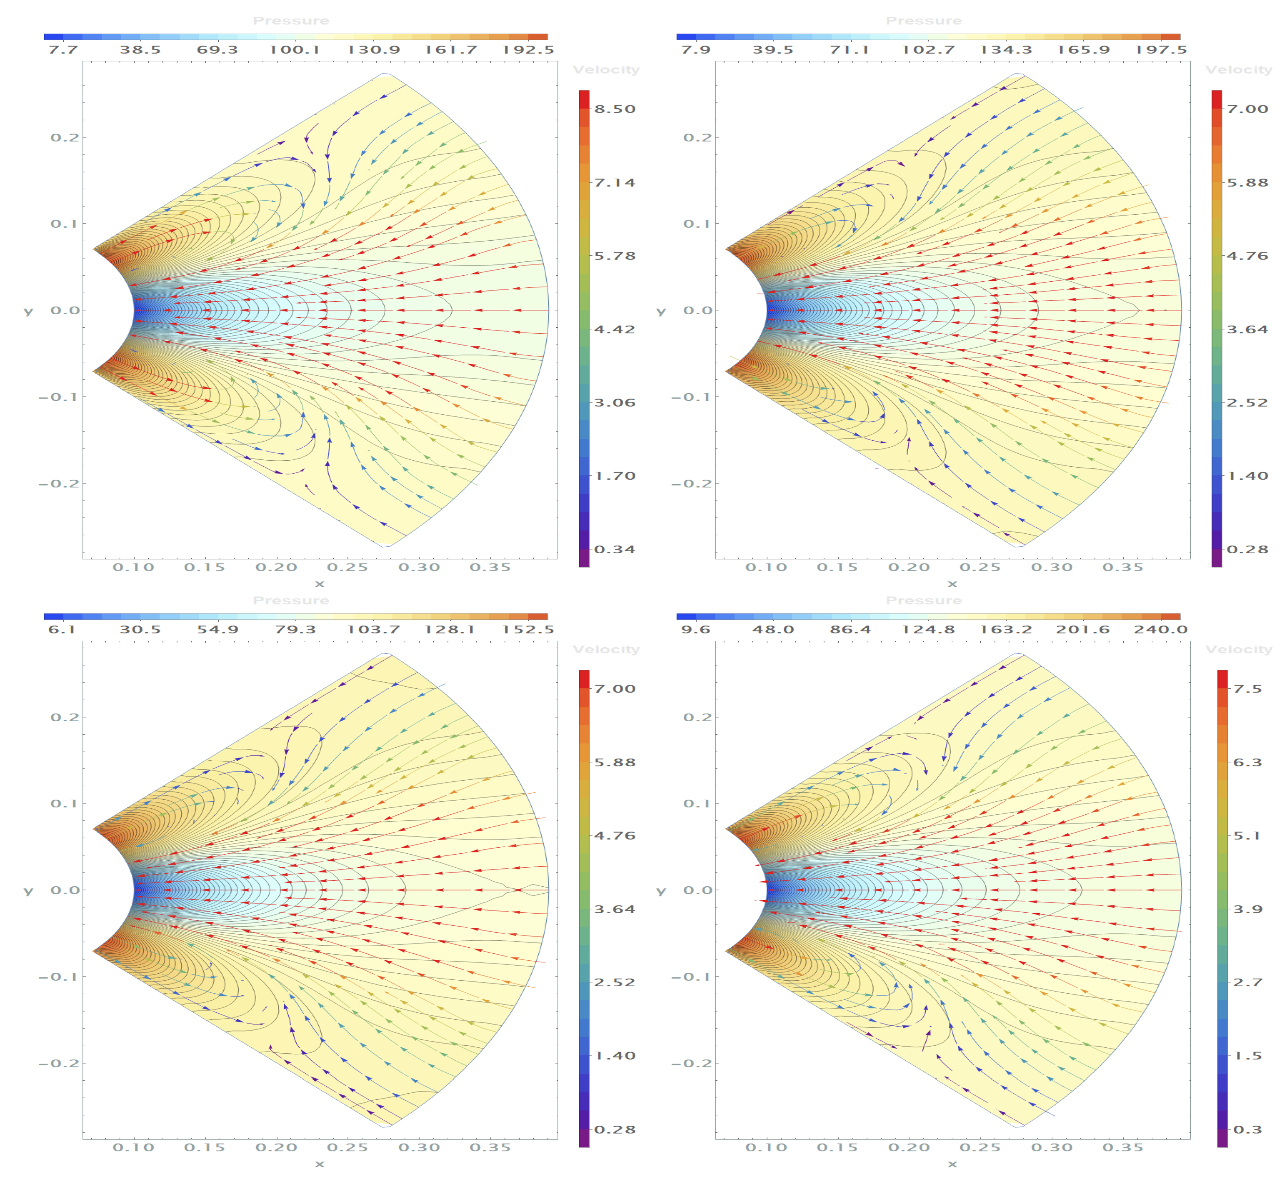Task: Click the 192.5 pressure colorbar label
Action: tap(528, 50)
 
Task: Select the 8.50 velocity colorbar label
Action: tap(615, 109)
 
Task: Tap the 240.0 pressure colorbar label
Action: tap(1160, 629)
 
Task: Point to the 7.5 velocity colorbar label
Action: tap(1247, 689)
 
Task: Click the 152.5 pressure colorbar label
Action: tap(528, 629)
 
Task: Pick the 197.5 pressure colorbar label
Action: tap(1160, 50)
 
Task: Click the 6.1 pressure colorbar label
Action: tap(62, 629)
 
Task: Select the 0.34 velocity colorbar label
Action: tap(615, 549)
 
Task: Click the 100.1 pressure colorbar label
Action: tap(294, 50)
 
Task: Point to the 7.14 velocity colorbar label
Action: tap(615, 183)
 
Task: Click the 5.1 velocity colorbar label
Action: tap(1247, 835)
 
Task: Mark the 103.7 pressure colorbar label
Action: tap(373, 629)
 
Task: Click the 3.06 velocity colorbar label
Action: tap(615, 402)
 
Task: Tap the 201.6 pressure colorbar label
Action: tap(1082, 629)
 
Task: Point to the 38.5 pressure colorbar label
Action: tap(140, 50)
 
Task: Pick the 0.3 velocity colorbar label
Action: tap(1247, 1129)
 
